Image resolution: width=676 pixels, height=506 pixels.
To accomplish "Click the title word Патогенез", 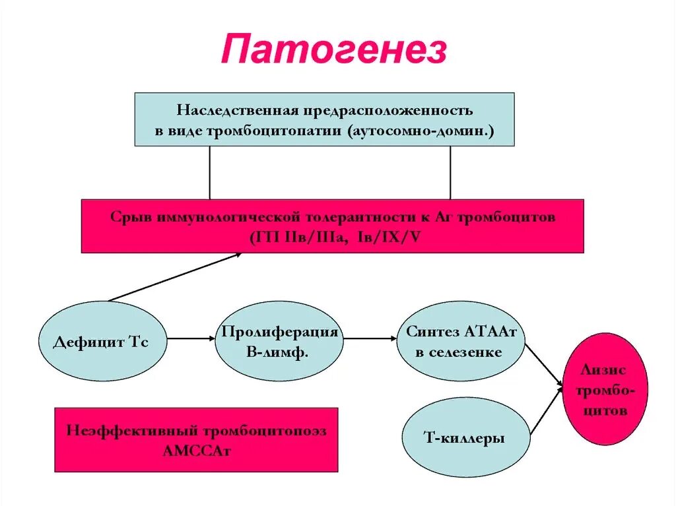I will (334, 50).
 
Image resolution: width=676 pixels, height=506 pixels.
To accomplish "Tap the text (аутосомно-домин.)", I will (419, 131).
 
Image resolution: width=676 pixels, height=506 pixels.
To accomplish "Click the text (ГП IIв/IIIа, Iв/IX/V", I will (335, 237).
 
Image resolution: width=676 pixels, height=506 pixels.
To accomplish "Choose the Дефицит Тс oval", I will (101, 342).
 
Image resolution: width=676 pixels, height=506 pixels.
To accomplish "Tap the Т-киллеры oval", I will (466, 437).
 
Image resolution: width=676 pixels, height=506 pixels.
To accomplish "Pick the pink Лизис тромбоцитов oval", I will (605, 389).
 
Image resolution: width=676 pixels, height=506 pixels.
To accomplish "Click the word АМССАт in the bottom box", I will (196, 451).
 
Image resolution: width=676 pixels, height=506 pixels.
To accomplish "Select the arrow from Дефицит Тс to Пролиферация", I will (191, 338).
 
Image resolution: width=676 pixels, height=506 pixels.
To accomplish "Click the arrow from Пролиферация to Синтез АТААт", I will (370, 338).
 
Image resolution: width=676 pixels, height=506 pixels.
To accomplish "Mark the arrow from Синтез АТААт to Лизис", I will (543, 364).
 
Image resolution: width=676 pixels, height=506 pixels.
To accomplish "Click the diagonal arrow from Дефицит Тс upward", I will (175, 278).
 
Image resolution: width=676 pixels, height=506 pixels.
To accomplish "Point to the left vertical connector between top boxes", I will (209, 172).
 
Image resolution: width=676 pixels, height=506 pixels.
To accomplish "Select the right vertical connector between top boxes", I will (450, 172).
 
